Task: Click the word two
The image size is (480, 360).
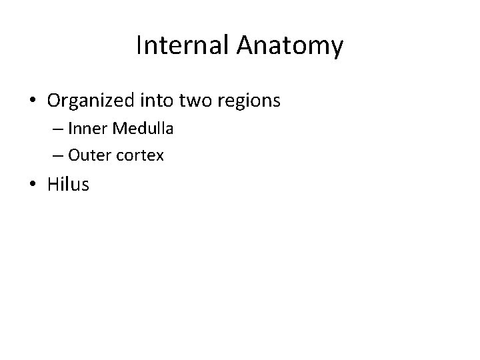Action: (x=194, y=101)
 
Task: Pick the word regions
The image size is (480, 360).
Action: (x=250, y=101)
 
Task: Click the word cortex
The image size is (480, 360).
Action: (x=139, y=156)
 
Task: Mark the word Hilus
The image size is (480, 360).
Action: (x=68, y=185)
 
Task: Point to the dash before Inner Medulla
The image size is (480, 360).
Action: (x=55, y=129)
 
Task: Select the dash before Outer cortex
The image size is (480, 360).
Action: (x=55, y=157)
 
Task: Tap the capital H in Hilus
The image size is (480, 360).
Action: (x=53, y=185)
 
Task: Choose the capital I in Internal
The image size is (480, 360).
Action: (x=138, y=46)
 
